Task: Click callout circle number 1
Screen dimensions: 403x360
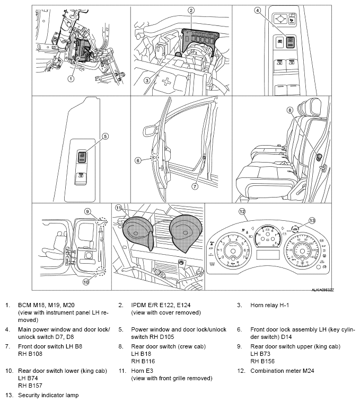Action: tap(70, 78)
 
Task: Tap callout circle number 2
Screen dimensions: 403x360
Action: tap(191, 10)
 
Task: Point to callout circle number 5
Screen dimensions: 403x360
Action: tap(105, 136)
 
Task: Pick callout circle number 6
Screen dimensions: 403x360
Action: tap(138, 160)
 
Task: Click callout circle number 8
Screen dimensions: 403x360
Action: tap(290, 110)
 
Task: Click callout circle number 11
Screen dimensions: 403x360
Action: tap(119, 208)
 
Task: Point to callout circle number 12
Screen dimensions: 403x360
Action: tap(242, 211)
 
